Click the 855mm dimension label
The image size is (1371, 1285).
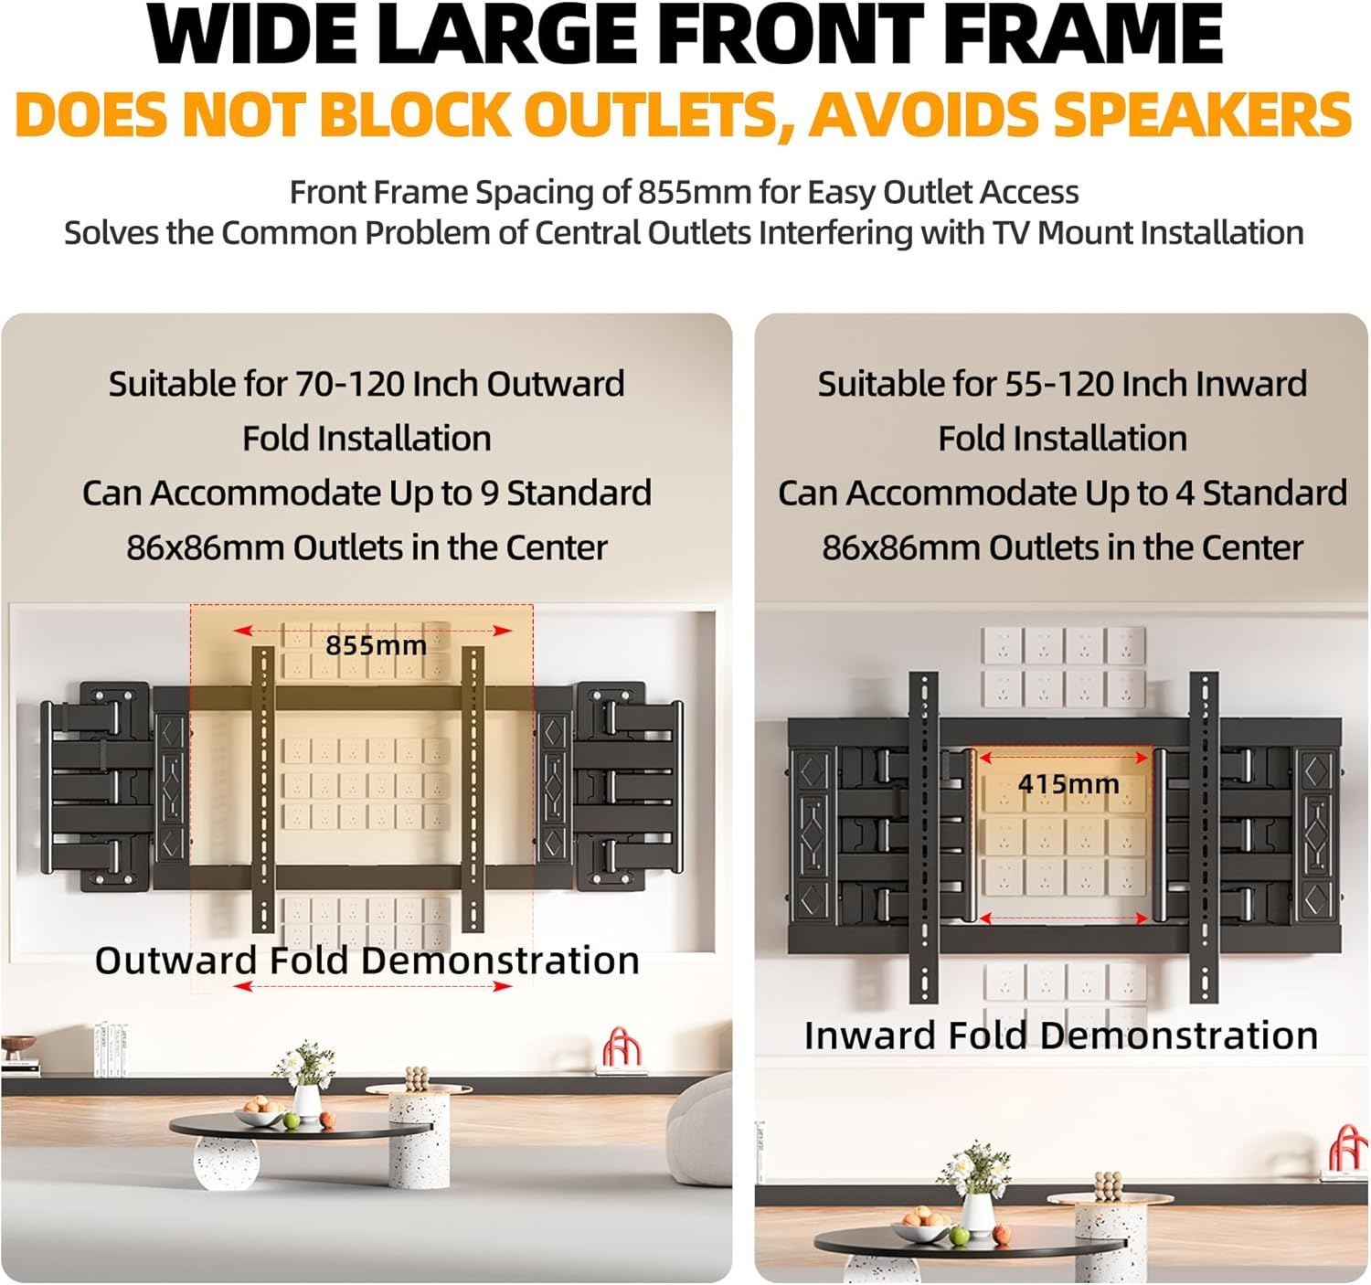[376, 645]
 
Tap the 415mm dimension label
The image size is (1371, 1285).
[1068, 784]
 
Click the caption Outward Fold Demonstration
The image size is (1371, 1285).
[367, 961]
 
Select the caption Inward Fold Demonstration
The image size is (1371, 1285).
[1061, 1035]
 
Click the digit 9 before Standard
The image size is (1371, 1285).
[488, 494]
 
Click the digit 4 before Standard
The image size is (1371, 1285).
[1185, 494]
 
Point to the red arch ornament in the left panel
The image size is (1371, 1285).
[622, 1047]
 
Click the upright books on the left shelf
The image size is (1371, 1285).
[111, 1050]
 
